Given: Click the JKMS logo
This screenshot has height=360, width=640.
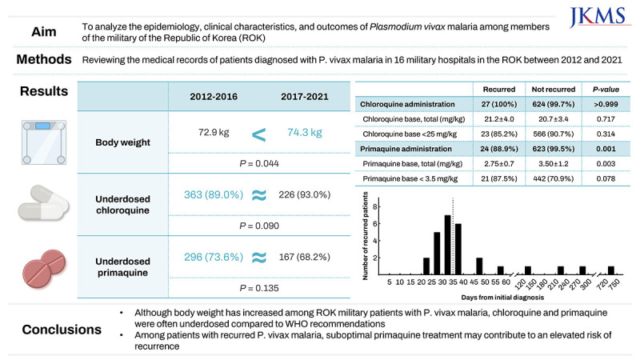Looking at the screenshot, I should [602, 17].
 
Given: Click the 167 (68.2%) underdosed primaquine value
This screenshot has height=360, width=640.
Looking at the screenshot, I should [304, 258].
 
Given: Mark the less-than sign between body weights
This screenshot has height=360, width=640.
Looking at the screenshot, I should [258, 133].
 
